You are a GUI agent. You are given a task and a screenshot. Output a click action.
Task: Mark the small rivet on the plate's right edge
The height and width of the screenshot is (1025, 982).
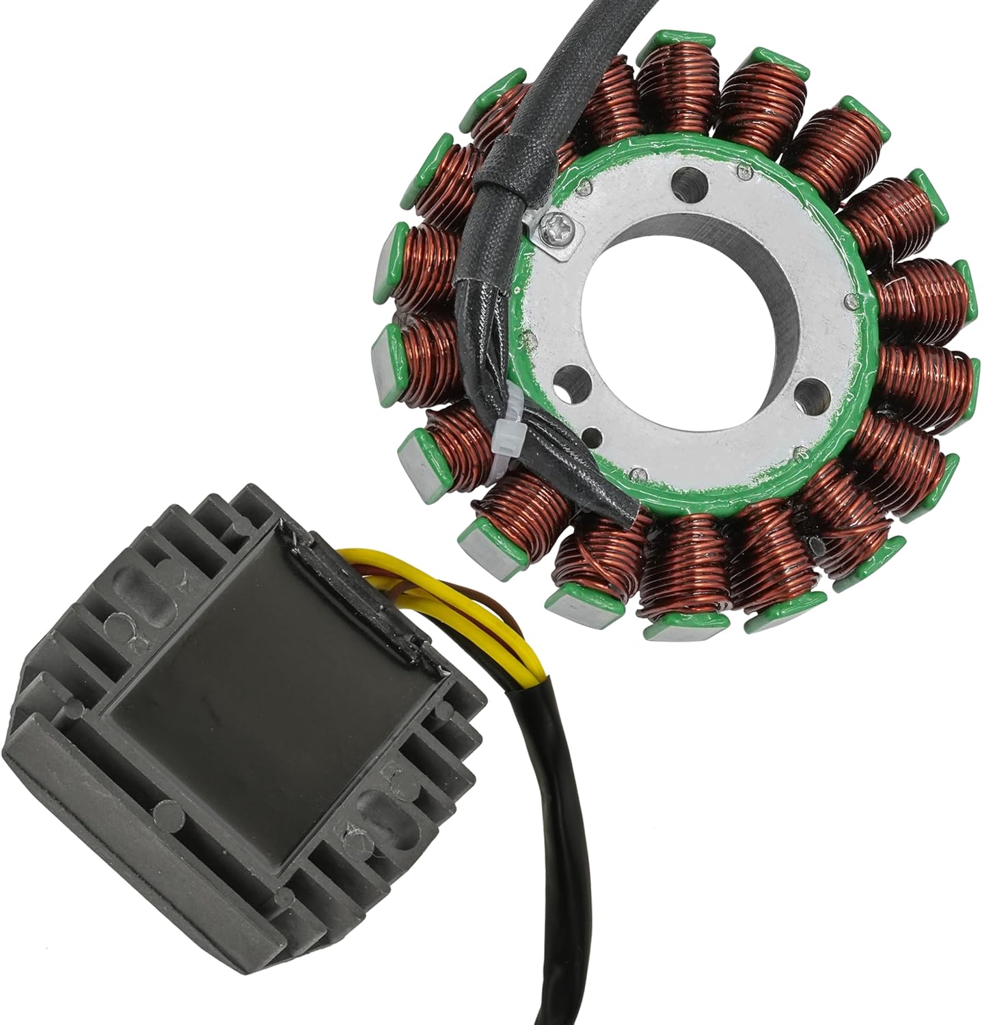coord(849,298)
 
